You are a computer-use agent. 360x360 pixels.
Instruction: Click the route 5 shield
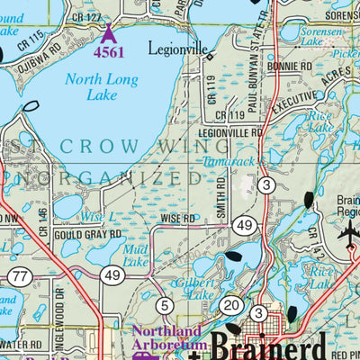coord(164,305)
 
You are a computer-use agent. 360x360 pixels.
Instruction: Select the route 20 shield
coord(231,305)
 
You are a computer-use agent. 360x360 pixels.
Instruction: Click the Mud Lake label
coord(136,256)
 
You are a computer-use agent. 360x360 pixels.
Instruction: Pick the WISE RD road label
coord(177,219)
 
